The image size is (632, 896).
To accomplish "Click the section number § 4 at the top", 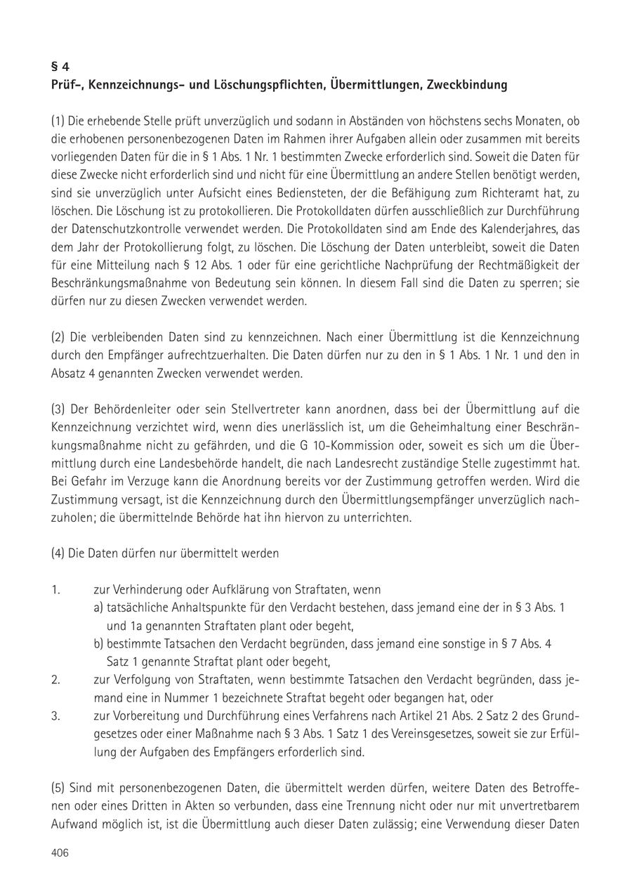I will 60,67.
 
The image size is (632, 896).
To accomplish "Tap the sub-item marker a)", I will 98,607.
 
